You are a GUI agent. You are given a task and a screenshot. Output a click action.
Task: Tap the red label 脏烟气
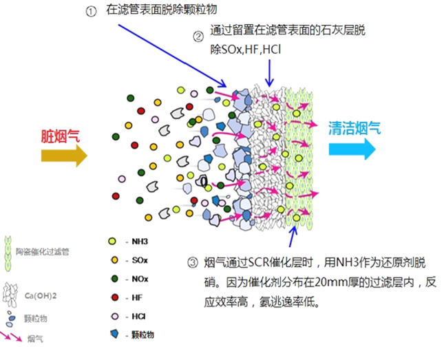coord(61,135)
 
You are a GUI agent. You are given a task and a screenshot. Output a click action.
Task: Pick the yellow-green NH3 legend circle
coord(112,242)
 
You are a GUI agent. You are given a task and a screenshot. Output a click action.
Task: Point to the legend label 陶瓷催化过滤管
coord(41,253)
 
